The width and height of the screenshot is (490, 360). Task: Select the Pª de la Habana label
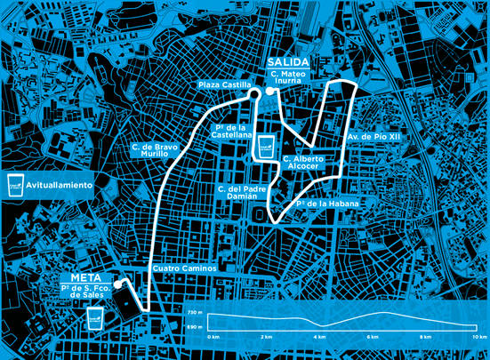[328, 204]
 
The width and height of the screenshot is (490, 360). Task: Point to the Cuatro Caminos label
[184, 268]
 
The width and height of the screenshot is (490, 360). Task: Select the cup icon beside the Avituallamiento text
[15, 185]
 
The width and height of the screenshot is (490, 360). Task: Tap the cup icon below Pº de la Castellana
[265, 145]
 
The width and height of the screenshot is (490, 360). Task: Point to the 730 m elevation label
[195, 314]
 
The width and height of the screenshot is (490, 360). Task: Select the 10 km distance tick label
[479, 338]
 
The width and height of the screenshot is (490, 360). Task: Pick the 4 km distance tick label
[319, 338]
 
